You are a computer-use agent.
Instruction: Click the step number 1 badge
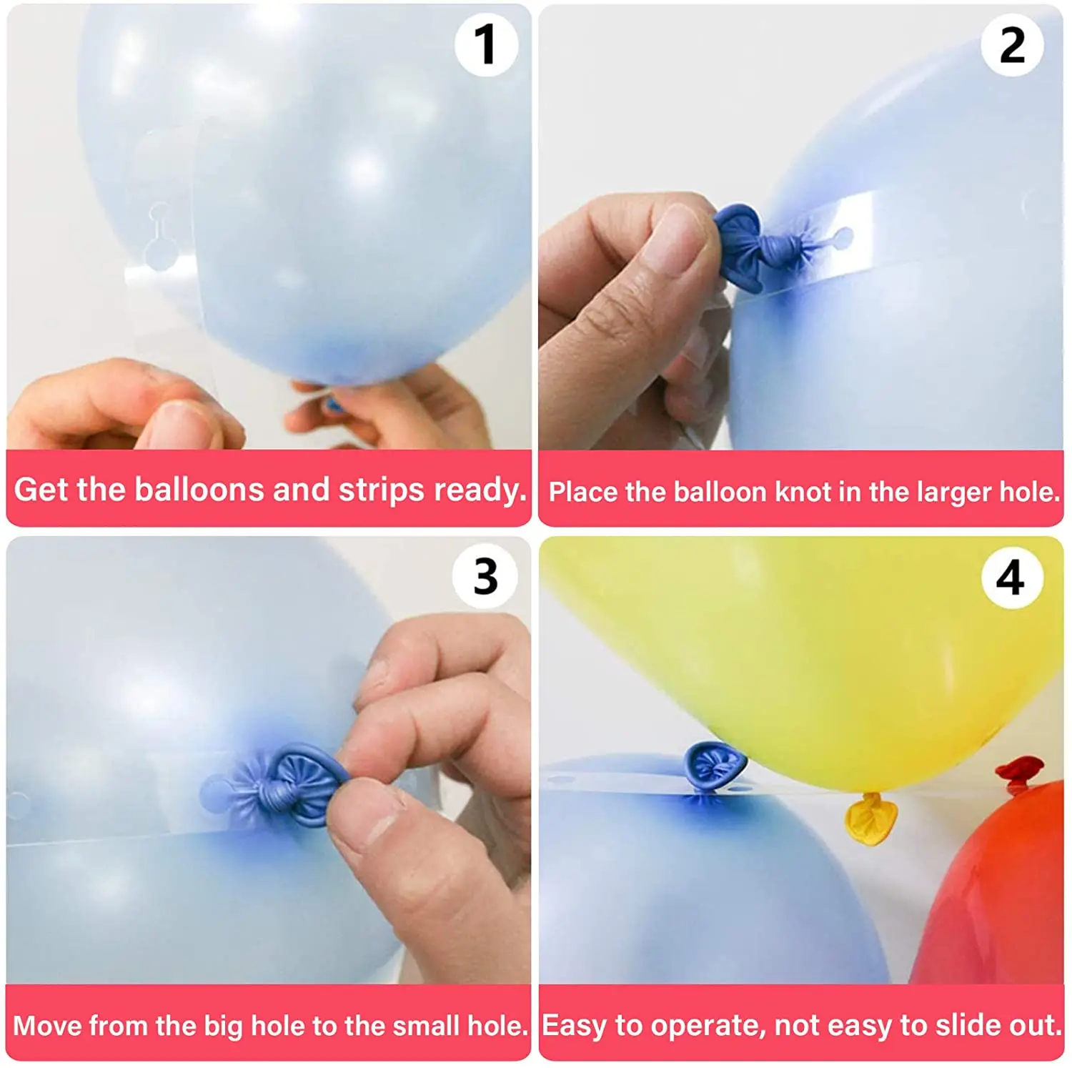(x=486, y=44)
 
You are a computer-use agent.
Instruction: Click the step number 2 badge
(x=1012, y=44)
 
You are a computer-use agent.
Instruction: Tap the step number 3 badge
(x=485, y=576)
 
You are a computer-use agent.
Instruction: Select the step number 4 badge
(x=1011, y=576)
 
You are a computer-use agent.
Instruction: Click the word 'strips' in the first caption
(x=382, y=490)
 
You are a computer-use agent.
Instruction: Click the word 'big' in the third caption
(x=224, y=1026)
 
